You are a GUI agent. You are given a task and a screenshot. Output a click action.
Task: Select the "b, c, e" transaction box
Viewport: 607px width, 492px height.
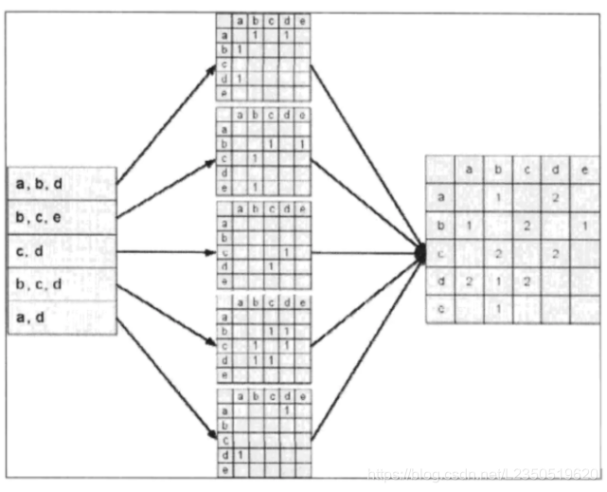(62, 217)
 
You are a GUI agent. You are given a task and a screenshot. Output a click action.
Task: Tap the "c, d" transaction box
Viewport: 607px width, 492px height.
(62, 251)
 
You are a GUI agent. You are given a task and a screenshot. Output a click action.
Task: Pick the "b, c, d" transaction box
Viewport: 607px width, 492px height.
(62, 284)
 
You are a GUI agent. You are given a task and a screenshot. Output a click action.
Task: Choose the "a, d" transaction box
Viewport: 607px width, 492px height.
(62, 319)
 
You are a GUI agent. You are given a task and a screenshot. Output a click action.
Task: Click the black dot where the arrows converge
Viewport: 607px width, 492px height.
(421, 252)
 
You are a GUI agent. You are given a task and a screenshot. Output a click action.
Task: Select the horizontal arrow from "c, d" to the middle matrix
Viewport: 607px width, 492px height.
(166, 252)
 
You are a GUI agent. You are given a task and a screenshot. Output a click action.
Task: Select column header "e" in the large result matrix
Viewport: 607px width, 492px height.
(584, 170)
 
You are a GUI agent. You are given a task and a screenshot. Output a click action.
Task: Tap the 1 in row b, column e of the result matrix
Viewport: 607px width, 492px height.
(584, 226)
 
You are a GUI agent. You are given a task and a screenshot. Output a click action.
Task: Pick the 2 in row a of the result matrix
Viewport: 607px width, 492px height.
(556, 198)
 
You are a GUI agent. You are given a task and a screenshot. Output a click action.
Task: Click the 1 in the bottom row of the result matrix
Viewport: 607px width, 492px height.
(496, 308)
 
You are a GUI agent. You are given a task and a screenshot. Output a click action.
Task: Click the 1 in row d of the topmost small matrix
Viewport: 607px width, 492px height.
(240, 78)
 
